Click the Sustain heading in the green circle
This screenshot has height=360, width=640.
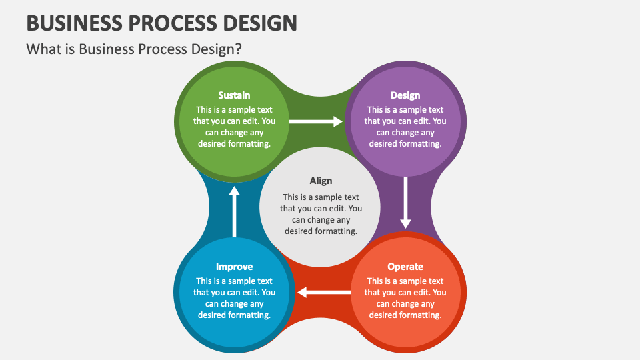pos(234,95)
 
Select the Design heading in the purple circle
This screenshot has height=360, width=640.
pos(405,95)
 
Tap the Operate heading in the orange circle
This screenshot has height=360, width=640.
pos(405,267)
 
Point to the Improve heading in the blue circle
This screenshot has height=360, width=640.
pos(234,267)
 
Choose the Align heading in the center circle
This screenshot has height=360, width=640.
pos(321,181)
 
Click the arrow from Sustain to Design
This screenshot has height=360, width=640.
pos(316,121)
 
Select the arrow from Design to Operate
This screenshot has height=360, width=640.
pos(405,203)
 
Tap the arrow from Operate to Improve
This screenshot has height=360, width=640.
pos(324,292)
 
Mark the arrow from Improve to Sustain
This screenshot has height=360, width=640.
pos(234,212)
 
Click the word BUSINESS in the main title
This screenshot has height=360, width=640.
pos(74,23)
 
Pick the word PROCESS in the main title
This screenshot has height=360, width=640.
pos(173,23)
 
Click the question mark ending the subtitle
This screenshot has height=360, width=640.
pos(239,49)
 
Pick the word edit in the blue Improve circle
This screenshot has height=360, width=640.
pos(252,292)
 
